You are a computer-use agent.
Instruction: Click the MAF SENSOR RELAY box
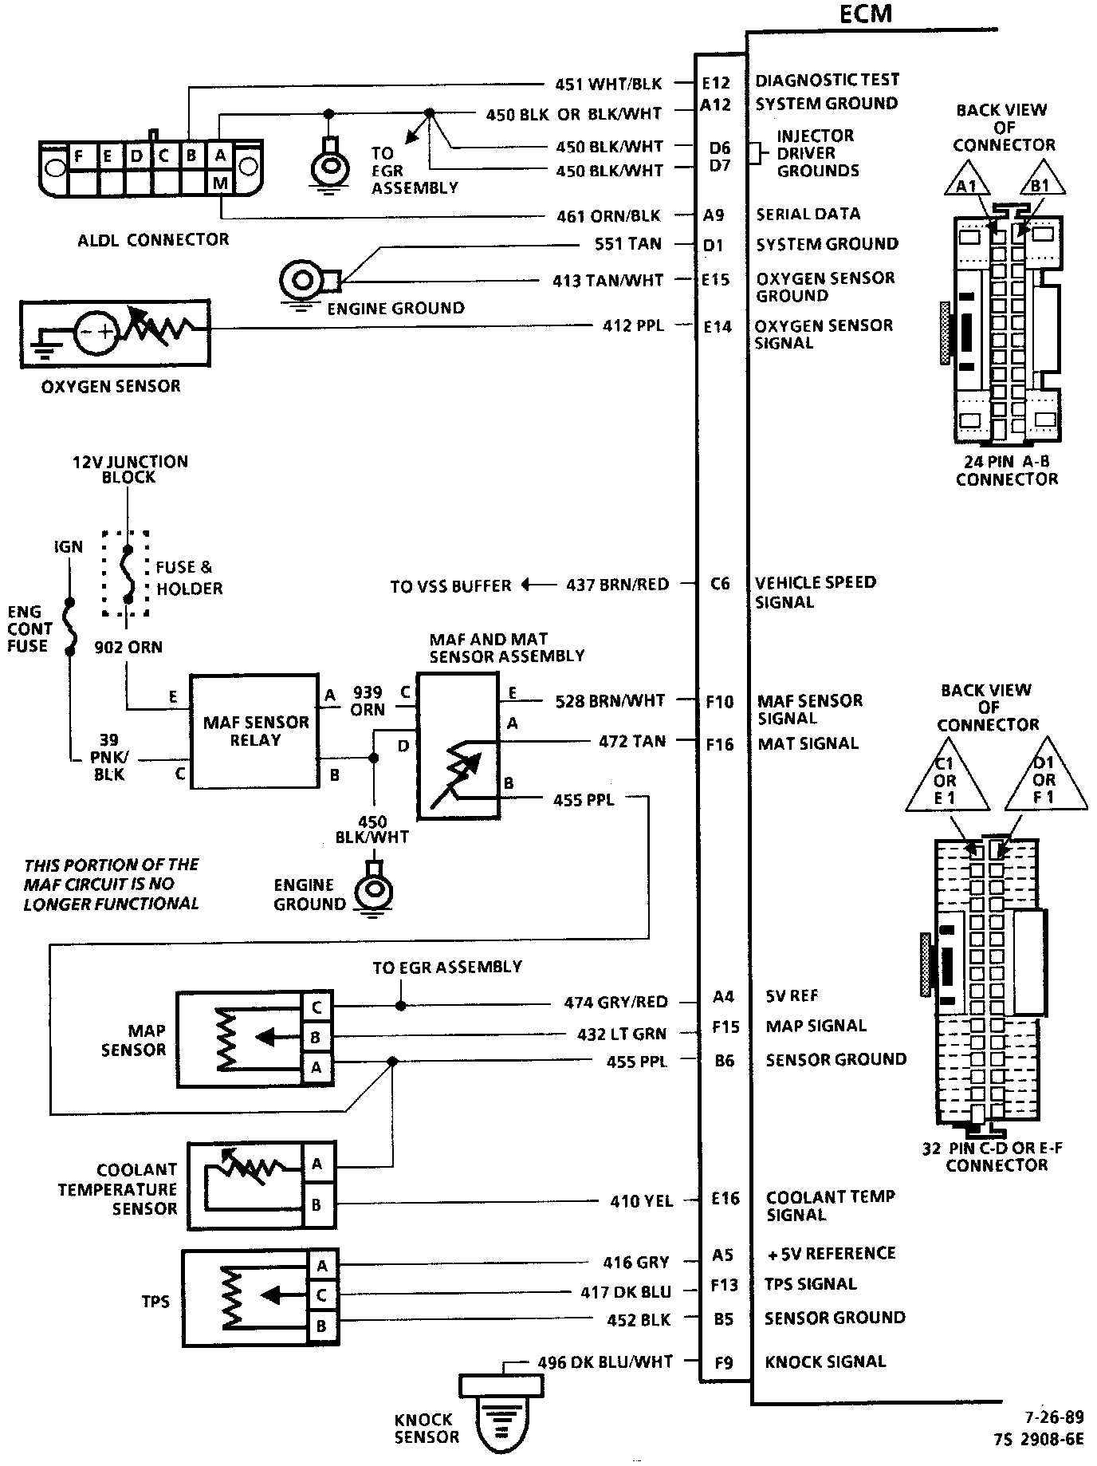click(255, 731)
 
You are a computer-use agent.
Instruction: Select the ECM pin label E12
click(715, 82)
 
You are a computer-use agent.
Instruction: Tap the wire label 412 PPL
click(633, 325)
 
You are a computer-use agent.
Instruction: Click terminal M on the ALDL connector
click(220, 183)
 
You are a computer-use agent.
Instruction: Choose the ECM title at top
click(865, 14)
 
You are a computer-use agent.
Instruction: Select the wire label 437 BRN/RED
click(617, 585)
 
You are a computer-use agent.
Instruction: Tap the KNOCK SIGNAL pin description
click(825, 1362)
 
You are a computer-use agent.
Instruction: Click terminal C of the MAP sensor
click(317, 1007)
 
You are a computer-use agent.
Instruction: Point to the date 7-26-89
click(1054, 1417)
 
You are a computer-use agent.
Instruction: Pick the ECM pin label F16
click(719, 744)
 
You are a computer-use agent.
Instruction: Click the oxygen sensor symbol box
click(116, 333)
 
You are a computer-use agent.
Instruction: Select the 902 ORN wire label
click(128, 647)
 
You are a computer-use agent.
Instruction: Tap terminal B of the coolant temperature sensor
click(317, 1204)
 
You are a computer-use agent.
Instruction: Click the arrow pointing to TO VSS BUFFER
click(528, 585)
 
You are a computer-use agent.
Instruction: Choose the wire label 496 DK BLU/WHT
click(605, 1362)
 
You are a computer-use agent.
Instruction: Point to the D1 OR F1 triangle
click(1044, 779)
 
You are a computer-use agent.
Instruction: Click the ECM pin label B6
click(723, 1061)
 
